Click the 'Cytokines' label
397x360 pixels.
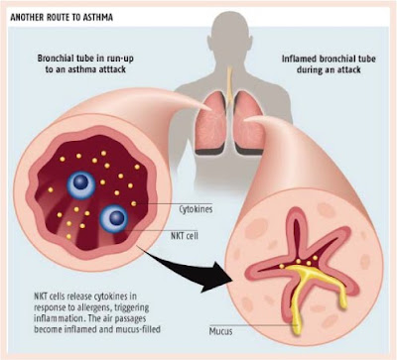click(196, 209)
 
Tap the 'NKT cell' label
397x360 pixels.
click(185, 236)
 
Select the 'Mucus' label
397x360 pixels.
click(220, 331)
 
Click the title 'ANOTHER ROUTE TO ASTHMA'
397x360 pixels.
click(62, 17)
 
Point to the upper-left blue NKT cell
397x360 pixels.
click(81, 182)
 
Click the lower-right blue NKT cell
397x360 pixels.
click(114, 218)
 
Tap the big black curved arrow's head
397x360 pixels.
click(216, 277)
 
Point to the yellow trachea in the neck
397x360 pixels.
click(229, 81)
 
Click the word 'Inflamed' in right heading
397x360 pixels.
click(299, 60)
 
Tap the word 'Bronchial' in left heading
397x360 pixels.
click(53, 59)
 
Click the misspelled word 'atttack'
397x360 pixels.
click(110, 69)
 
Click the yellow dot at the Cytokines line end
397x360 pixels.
click(134, 203)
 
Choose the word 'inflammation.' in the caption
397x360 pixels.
click(58, 318)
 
